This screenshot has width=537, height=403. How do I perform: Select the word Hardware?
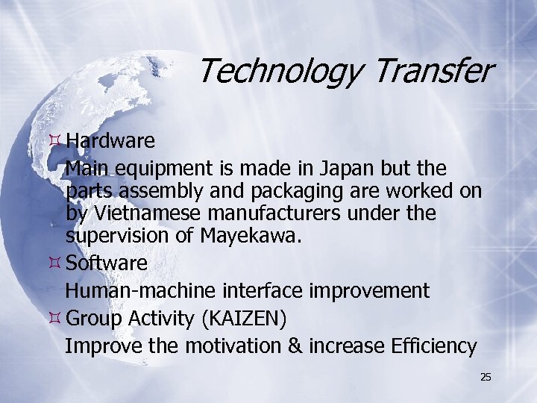(110, 140)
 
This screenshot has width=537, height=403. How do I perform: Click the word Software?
(106, 263)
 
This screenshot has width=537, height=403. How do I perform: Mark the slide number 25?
(486, 378)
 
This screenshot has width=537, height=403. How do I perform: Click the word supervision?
(120, 238)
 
